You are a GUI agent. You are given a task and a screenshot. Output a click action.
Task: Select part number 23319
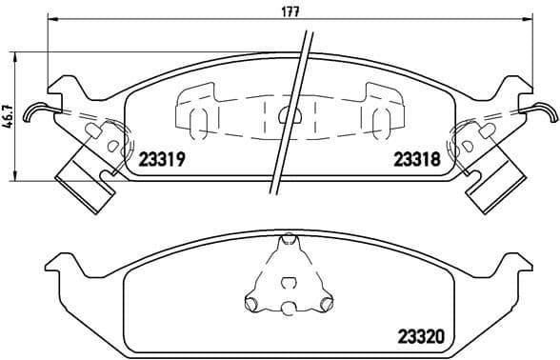pos(162,161)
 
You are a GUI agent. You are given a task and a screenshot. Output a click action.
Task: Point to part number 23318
pos(416,161)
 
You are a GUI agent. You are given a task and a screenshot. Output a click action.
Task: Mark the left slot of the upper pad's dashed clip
pos(196,120)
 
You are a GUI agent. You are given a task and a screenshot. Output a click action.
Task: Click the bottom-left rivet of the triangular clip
pos(252,305)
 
